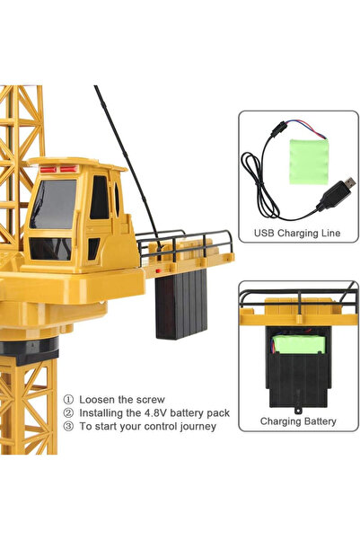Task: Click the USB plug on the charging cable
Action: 335,193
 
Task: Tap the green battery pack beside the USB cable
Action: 309,162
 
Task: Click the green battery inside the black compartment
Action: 299,344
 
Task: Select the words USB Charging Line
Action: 297,233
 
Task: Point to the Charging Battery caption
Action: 298,421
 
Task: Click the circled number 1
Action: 68,400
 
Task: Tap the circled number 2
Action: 68,413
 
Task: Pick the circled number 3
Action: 68,427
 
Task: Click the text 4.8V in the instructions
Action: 154,412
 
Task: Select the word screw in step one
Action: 151,400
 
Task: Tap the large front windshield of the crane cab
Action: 53,204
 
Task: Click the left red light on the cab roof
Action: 48,170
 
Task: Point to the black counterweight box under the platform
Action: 181,304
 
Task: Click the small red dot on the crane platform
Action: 158,271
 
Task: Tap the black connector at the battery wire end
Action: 277,129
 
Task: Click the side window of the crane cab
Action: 100,198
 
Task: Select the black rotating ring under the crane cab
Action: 30,350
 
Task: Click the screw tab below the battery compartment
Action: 297,411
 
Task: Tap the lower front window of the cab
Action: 50,249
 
